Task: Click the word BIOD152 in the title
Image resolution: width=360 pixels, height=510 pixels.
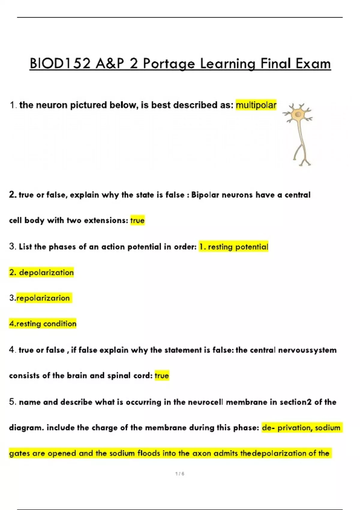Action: [x=60, y=64]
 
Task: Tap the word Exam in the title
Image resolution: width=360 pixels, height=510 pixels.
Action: [x=313, y=64]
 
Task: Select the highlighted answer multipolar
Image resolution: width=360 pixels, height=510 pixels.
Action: [x=256, y=105]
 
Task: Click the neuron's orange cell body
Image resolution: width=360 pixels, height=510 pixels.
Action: [x=298, y=114]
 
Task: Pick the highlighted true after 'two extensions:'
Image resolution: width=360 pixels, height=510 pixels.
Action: [x=137, y=220]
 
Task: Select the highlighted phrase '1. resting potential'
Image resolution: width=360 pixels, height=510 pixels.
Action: [x=234, y=247]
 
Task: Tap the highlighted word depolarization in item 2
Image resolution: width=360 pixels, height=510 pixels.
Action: [x=46, y=272]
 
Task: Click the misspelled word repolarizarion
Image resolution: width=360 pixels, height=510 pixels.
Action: [x=43, y=298]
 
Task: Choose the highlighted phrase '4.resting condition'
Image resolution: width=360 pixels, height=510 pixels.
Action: [x=43, y=324]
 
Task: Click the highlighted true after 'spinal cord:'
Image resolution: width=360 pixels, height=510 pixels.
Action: [x=162, y=376]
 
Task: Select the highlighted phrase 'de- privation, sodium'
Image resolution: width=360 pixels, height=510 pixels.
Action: [x=301, y=427]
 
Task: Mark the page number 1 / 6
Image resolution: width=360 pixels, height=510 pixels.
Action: [x=180, y=474]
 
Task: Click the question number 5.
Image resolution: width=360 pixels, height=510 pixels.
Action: [x=12, y=402]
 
